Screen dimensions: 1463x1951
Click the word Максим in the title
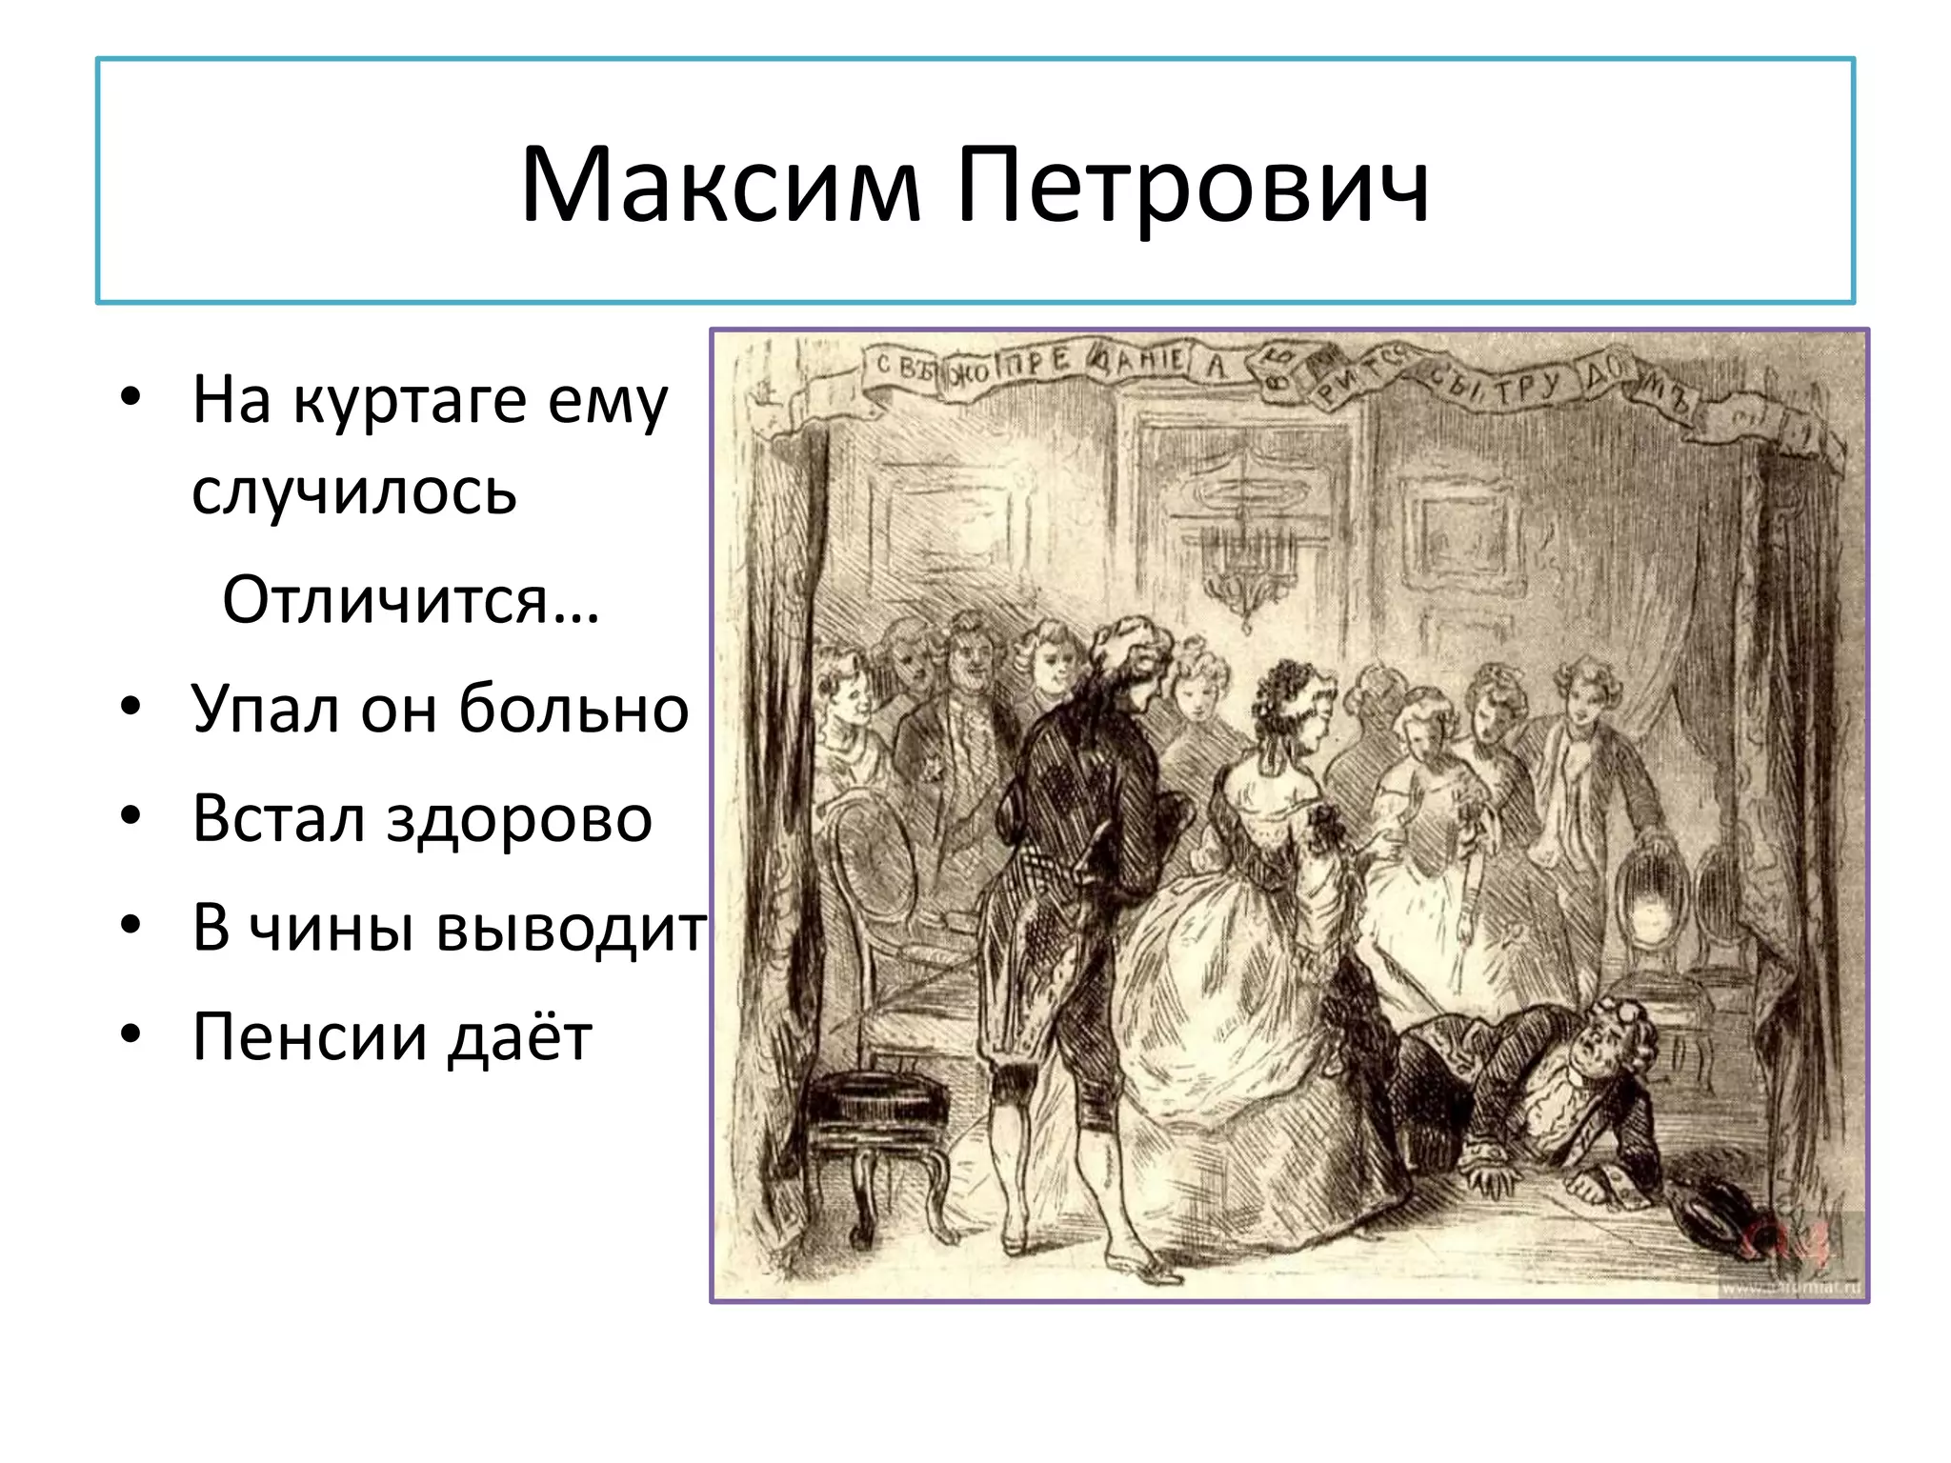[x=720, y=186]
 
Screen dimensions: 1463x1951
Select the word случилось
[x=354, y=492]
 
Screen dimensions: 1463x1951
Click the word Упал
[x=265, y=710]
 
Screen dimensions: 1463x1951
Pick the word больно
[x=573, y=710]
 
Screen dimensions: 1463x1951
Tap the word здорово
[x=519, y=818]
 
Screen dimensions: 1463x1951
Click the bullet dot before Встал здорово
[x=131, y=816]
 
